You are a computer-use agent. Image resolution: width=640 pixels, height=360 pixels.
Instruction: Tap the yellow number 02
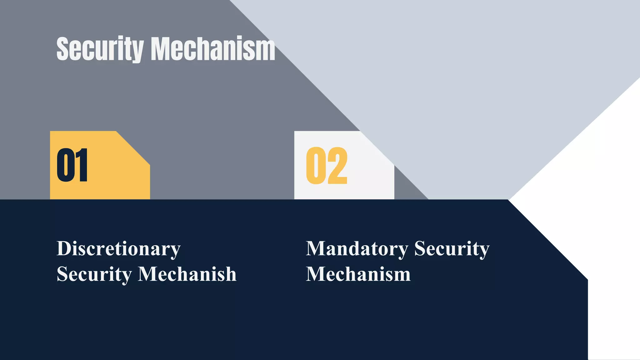[x=327, y=166]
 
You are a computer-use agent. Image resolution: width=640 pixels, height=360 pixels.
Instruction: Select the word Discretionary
[x=118, y=249]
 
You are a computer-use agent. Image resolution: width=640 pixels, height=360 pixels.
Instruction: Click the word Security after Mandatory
[x=452, y=249]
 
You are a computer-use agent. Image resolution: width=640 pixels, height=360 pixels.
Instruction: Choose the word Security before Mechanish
[x=94, y=274]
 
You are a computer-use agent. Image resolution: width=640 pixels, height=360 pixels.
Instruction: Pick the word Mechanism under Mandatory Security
[x=358, y=274]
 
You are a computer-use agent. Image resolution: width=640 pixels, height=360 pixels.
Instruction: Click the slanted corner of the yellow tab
[x=134, y=147]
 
